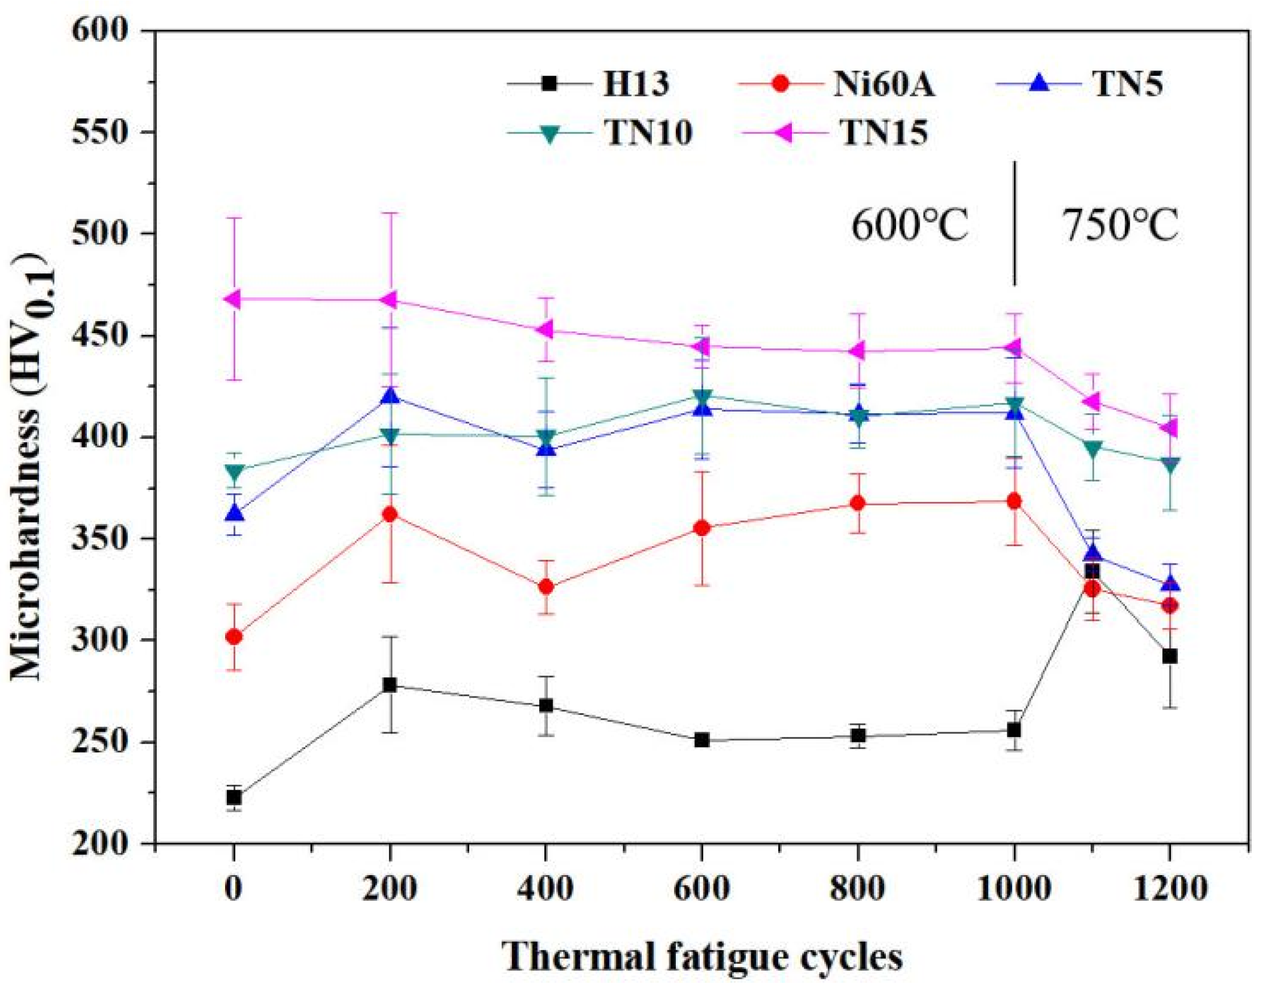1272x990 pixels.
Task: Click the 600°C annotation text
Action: (x=909, y=226)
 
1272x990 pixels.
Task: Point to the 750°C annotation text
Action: (x=1120, y=226)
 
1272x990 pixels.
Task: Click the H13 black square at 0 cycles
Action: (x=234, y=797)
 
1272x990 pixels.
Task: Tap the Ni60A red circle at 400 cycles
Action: (x=546, y=587)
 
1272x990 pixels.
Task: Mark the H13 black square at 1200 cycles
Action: (x=1170, y=656)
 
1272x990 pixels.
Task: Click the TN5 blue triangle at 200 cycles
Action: (x=390, y=396)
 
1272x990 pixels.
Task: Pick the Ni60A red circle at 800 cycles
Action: (x=858, y=503)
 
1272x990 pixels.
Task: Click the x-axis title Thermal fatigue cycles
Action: (x=702, y=955)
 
